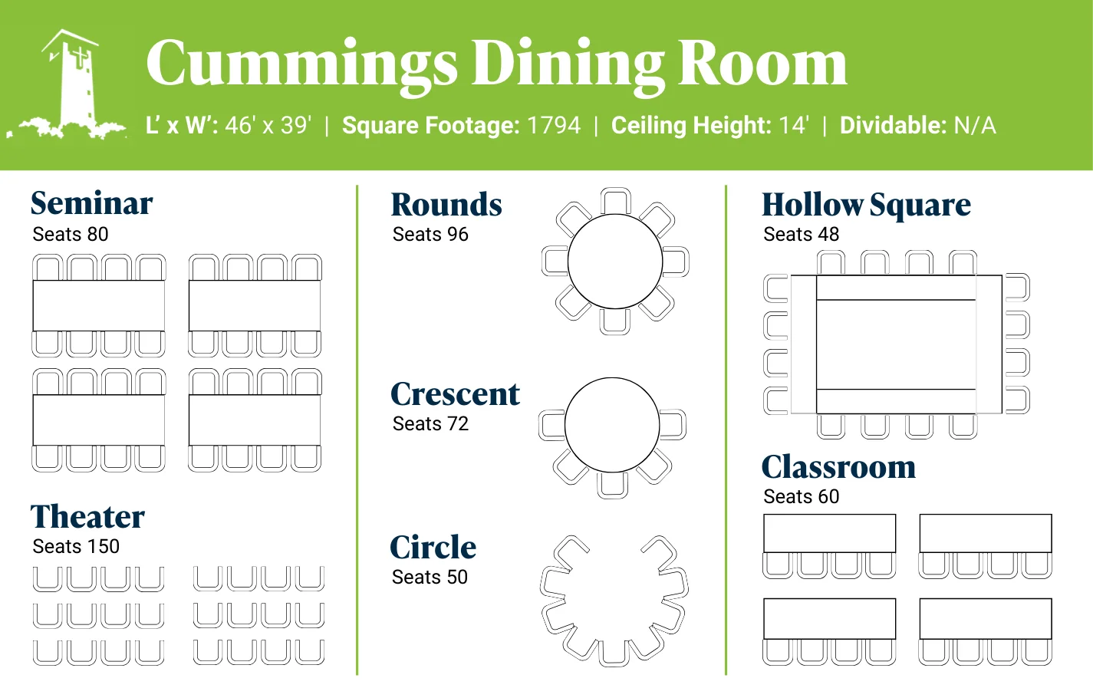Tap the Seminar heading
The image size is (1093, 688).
(91, 203)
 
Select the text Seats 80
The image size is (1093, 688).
(71, 234)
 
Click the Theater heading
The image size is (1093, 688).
(87, 517)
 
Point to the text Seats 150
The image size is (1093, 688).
(76, 546)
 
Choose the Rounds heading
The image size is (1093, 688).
(446, 205)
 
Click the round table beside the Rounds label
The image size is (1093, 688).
(614, 262)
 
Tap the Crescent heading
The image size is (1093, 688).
(455, 394)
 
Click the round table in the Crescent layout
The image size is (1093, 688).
(611, 425)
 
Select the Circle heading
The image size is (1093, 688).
(433, 548)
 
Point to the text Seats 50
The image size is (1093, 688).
(430, 577)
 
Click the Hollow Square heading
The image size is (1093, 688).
(866, 206)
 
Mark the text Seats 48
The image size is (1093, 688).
(801, 234)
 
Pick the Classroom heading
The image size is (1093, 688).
(838, 467)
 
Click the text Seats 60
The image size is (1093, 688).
(801, 496)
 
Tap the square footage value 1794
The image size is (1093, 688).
(554, 125)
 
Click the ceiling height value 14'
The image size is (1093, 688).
(793, 125)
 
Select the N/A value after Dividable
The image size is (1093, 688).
(974, 125)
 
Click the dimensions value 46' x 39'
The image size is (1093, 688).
(268, 125)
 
